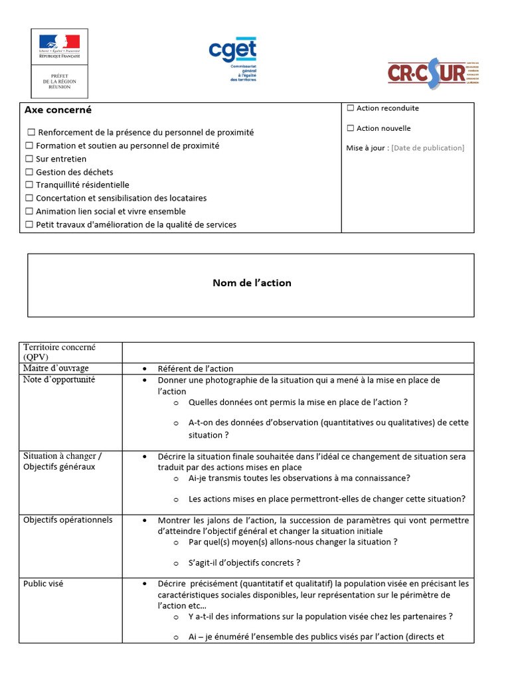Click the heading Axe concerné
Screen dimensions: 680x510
coord(58,110)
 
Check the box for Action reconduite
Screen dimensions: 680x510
coord(351,108)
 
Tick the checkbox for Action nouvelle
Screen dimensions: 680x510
coord(351,128)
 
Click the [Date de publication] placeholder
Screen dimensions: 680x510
coord(428,148)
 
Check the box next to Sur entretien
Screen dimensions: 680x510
coord(29,159)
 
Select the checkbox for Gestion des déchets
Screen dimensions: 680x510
coord(29,172)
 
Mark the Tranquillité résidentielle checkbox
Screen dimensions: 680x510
coord(29,185)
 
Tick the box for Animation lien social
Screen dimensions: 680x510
coord(29,211)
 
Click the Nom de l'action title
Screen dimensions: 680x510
coord(252,283)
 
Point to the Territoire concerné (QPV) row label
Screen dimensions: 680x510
coord(59,352)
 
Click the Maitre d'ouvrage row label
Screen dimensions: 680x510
coord(56,369)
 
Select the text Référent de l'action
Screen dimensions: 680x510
coord(195,369)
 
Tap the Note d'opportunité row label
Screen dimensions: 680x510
coord(59,380)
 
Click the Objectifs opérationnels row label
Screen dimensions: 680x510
coord(68,520)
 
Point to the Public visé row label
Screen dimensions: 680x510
coord(43,584)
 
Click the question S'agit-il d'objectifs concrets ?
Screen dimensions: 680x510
coord(244,563)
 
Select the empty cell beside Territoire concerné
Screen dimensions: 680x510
coord(297,352)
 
